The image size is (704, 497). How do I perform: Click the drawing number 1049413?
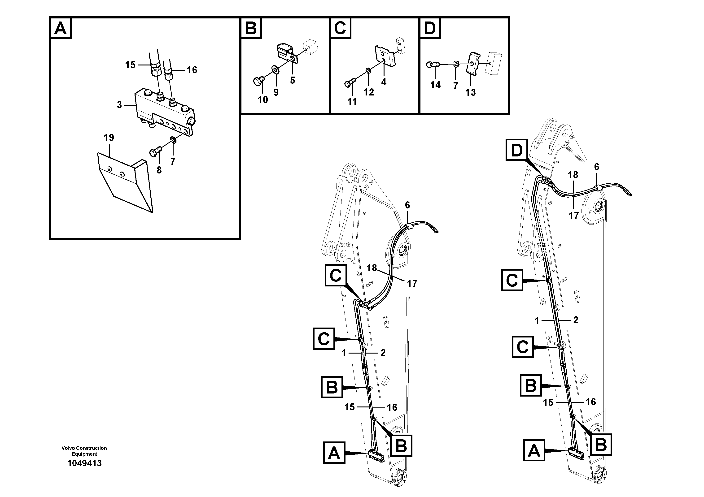(x=84, y=463)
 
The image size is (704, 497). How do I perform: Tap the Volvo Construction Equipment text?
(x=84, y=451)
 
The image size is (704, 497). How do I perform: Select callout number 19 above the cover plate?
(x=109, y=138)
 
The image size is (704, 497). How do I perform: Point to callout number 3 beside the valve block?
(x=119, y=105)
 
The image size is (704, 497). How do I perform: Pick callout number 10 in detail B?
(x=263, y=99)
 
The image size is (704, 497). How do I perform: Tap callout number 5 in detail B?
(x=293, y=80)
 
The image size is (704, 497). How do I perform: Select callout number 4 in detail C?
(x=384, y=82)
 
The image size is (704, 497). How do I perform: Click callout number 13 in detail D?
(x=471, y=92)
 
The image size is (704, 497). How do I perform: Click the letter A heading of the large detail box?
(x=60, y=28)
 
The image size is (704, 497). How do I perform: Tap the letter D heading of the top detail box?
(x=430, y=28)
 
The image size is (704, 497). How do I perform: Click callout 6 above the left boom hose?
(x=407, y=205)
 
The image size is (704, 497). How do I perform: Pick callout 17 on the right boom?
(x=573, y=215)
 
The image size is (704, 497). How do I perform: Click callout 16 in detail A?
(x=192, y=70)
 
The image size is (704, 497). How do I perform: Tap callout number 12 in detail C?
(x=369, y=92)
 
